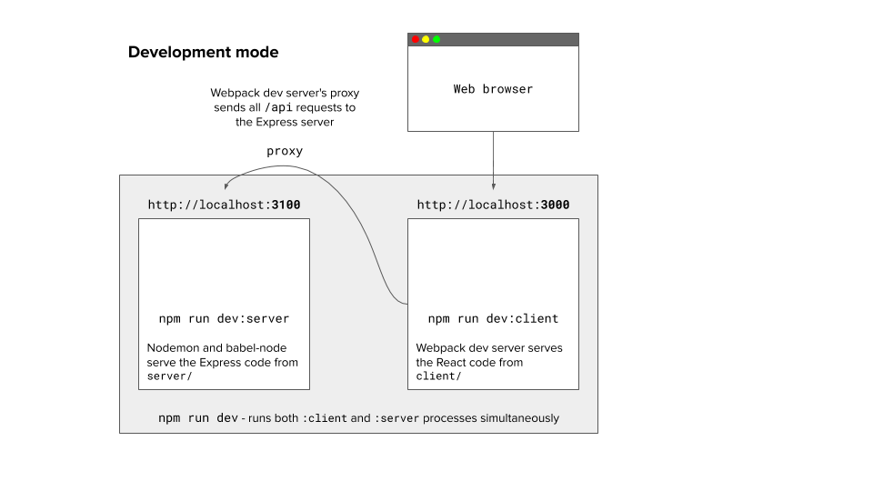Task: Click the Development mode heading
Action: pos(203,53)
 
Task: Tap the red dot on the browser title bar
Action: pos(416,39)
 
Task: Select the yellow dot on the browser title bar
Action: pos(426,39)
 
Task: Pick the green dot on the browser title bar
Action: pos(436,39)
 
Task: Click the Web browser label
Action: pos(493,89)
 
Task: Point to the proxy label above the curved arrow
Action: pos(285,151)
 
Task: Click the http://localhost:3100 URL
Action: pos(224,205)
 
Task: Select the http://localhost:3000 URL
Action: pos(493,205)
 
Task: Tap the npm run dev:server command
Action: pos(224,319)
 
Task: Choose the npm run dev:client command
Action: pos(493,319)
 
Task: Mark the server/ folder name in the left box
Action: pos(170,376)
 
